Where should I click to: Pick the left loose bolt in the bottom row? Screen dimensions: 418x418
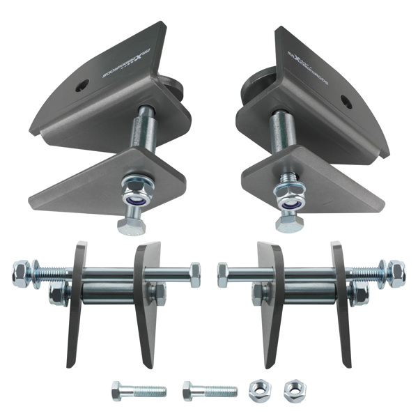138,391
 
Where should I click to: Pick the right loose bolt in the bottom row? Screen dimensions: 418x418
210,390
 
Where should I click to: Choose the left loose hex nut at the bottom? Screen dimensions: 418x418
260,388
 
